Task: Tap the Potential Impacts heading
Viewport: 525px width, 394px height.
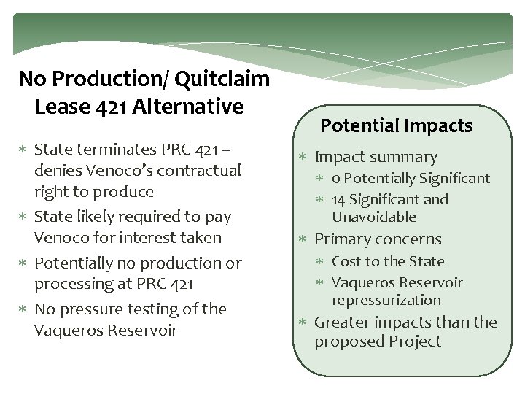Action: point(397,125)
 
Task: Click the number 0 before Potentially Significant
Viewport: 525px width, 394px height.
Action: point(335,179)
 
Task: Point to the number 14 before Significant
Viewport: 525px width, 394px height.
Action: point(339,199)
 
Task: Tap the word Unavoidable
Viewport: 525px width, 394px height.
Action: point(373,217)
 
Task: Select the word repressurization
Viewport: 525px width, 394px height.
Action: point(386,300)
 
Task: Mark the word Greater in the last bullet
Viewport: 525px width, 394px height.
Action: point(342,322)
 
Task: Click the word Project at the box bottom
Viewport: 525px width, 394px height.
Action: point(415,341)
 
